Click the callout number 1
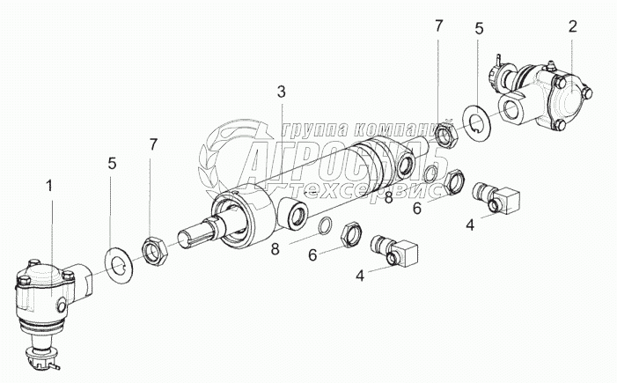click(x=49, y=186)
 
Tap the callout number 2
click(x=572, y=26)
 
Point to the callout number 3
click(x=281, y=92)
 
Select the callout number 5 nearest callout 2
click(x=479, y=29)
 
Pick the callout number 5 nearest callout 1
click(x=113, y=164)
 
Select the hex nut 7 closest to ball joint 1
click(x=155, y=251)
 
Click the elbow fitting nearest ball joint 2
click(x=496, y=196)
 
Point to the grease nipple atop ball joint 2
click(x=550, y=64)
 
